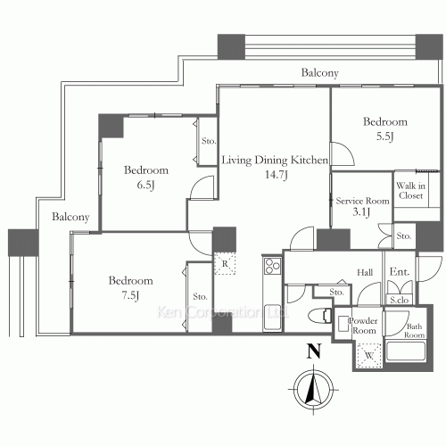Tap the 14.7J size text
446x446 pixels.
tap(275, 174)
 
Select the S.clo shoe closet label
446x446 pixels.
tap(397, 301)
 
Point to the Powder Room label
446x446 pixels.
tap(364, 326)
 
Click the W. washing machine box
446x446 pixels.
tap(367, 356)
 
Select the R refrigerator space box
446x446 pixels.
tap(223, 264)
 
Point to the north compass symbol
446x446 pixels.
tap(313, 390)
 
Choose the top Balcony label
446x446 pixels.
tap(318, 72)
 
